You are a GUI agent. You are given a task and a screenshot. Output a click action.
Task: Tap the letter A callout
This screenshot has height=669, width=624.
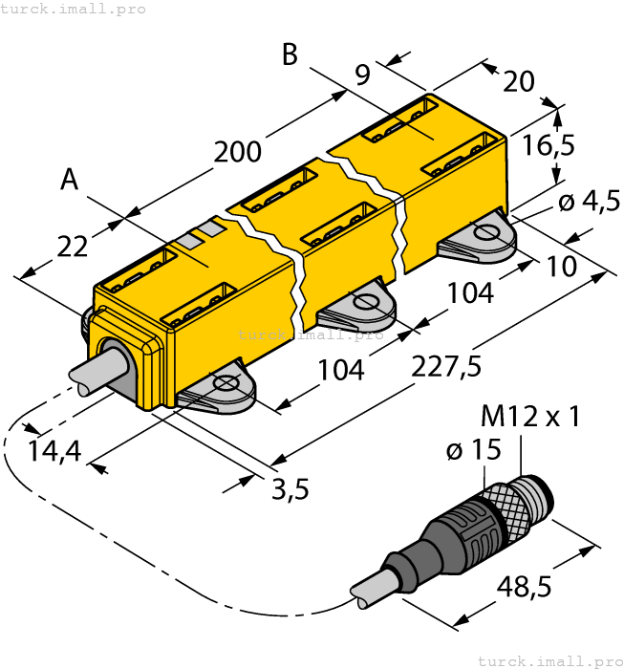69,180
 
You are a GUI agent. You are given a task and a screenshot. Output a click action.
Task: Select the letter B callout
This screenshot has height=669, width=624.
290,55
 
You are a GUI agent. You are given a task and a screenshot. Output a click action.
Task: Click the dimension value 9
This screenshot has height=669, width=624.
363,76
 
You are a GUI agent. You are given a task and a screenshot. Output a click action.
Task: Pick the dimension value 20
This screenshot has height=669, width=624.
518,81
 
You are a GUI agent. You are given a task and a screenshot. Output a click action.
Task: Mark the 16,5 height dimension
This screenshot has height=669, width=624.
549,145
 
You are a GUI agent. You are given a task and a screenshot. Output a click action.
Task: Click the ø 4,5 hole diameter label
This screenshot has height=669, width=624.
588,202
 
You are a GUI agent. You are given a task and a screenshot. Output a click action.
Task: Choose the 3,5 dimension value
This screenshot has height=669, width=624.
290,490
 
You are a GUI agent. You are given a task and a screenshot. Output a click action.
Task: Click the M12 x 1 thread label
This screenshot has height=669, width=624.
530,417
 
